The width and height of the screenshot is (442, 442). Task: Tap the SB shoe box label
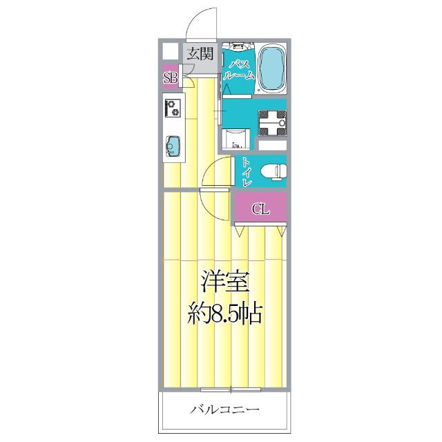(x=171, y=77)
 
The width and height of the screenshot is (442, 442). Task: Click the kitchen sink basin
(x=173, y=146)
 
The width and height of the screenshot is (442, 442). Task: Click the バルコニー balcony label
(x=225, y=410)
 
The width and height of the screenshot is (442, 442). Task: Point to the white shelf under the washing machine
(x=270, y=146)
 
